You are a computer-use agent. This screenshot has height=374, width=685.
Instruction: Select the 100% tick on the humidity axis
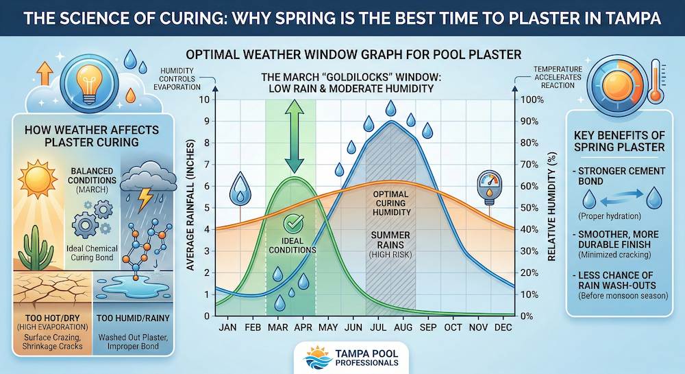532,100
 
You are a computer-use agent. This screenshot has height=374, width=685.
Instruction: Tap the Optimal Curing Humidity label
390,204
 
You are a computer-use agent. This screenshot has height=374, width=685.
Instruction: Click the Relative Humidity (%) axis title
550,207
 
